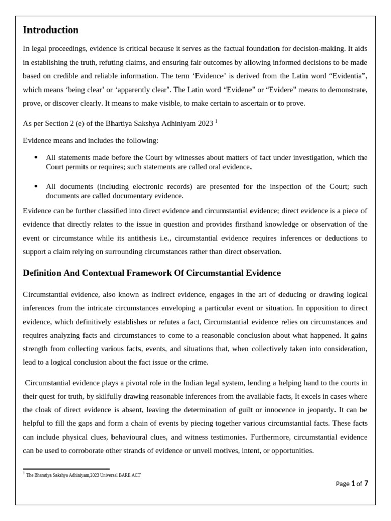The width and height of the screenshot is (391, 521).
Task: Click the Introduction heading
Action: pos(51,30)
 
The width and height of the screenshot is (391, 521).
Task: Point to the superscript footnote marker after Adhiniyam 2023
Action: pos(216,121)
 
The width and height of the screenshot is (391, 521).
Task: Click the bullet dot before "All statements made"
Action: pos(36,157)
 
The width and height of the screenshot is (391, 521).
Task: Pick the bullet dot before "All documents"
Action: pos(36,186)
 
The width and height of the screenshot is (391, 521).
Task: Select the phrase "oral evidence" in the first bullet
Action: pos(230,167)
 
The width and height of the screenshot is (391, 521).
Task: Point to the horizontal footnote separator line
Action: pos(66,469)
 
